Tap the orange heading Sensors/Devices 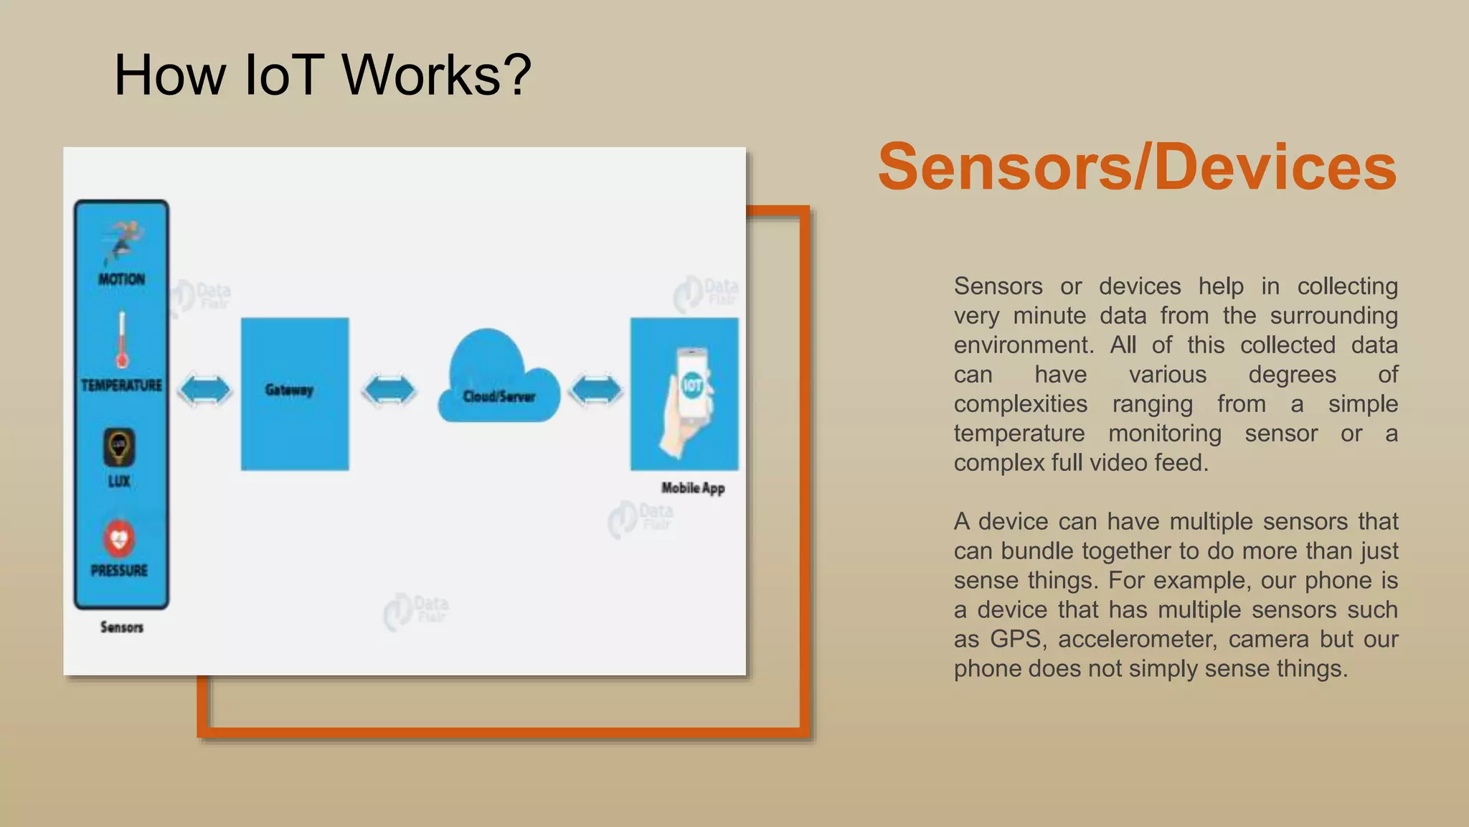pyautogui.click(x=1137, y=167)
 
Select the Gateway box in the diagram pyautogui.click(x=295, y=393)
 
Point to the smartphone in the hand pyautogui.click(x=691, y=384)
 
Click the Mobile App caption pyautogui.click(x=692, y=488)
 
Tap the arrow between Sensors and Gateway pyautogui.click(x=204, y=391)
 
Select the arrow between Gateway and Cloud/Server pyautogui.click(x=389, y=391)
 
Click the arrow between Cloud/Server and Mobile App pyautogui.click(x=595, y=391)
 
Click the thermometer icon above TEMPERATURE pyautogui.click(x=122, y=340)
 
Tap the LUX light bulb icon pyautogui.click(x=119, y=447)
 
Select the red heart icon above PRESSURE pyautogui.click(x=119, y=538)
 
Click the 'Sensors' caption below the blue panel pyautogui.click(x=121, y=627)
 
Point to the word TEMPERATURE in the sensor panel pyautogui.click(x=121, y=386)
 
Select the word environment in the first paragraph pyautogui.click(x=1023, y=345)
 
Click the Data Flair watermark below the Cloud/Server pyautogui.click(x=417, y=611)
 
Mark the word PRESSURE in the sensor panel pyautogui.click(x=119, y=571)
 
